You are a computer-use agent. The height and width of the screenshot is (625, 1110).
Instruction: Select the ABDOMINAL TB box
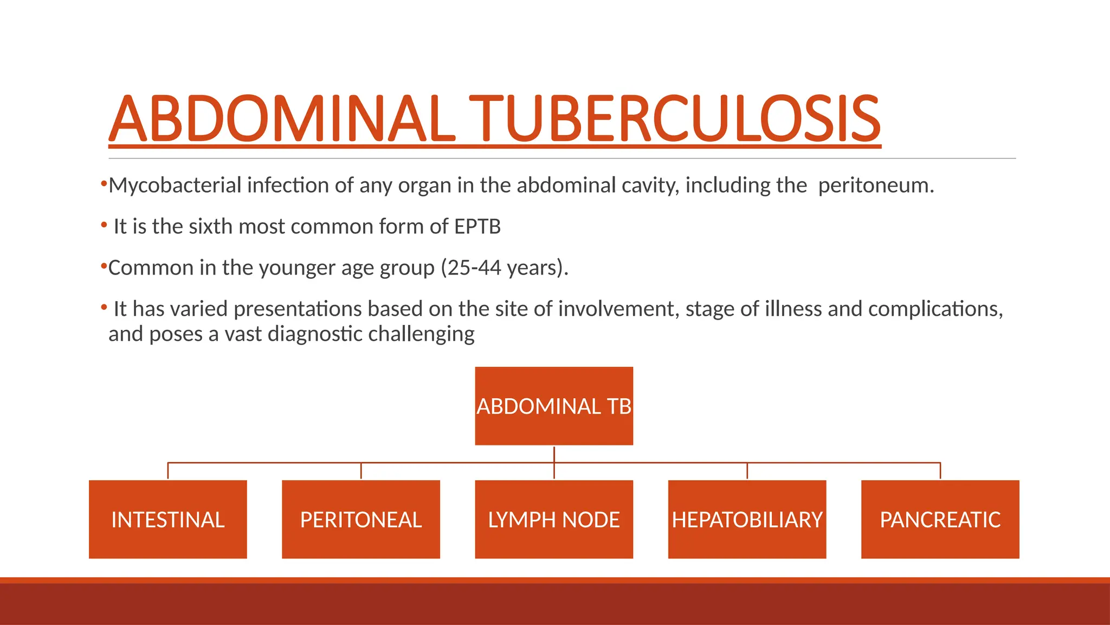pyautogui.click(x=554, y=406)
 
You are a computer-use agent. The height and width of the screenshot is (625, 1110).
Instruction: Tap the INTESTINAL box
pyautogui.click(x=168, y=520)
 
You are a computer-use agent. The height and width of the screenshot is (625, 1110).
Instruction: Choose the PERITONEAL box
pyautogui.click(x=361, y=520)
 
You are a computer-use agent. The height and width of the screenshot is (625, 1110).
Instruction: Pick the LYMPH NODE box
pyautogui.click(x=554, y=520)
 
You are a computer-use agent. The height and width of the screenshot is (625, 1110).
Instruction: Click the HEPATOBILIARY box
pyautogui.click(x=747, y=520)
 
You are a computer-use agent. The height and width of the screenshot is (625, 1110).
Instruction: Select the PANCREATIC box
pyautogui.click(x=940, y=520)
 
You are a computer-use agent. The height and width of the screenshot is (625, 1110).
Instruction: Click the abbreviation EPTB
pyautogui.click(x=477, y=227)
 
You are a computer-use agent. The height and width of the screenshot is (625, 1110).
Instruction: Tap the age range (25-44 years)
pyautogui.click(x=504, y=268)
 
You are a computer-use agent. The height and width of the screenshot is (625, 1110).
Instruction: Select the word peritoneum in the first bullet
pyautogui.click(x=876, y=186)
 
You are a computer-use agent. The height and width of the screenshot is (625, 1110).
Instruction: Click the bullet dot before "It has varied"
pyautogui.click(x=104, y=307)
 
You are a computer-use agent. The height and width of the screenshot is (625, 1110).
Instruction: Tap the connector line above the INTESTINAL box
pyautogui.click(x=168, y=470)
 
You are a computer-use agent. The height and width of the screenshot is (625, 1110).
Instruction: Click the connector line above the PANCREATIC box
pyautogui.click(x=940, y=470)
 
